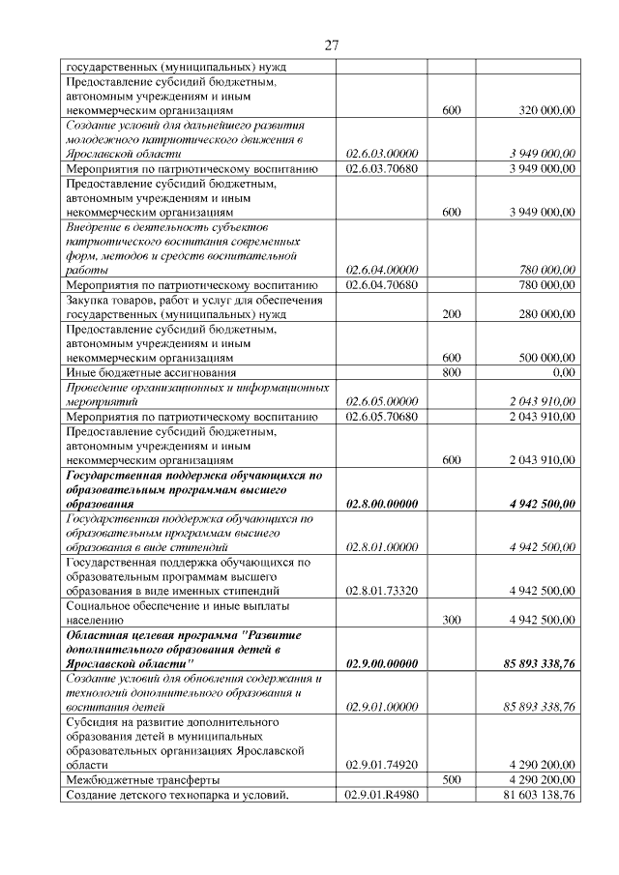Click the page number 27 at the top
(330, 45)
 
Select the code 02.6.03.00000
(381, 153)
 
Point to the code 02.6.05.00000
(381, 401)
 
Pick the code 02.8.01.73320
(381, 590)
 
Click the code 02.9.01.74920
(381, 764)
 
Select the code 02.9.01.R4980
(381, 794)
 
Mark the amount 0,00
(563, 371)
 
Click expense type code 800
(451, 371)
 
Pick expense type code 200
(451, 313)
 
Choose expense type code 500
(451, 778)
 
